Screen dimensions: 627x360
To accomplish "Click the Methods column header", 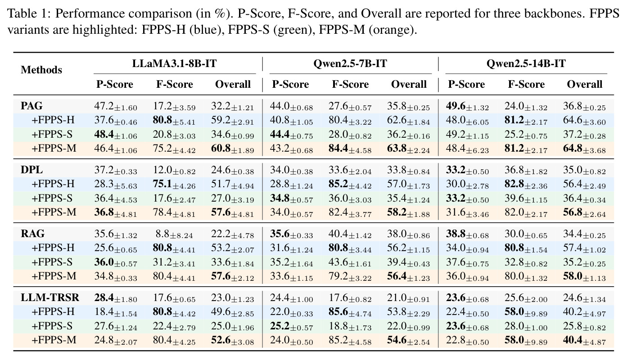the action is click(41, 70).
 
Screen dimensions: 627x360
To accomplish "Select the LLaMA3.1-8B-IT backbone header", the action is click(174, 63).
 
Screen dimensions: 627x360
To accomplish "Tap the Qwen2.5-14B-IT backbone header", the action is click(526, 63).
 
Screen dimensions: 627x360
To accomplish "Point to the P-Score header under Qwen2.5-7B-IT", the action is click(290, 84).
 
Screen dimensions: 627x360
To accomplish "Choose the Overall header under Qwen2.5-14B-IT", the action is click(584, 84).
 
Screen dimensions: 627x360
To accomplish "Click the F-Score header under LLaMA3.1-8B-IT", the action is click(174, 84).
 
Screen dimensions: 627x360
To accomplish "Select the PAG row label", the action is click(32, 106).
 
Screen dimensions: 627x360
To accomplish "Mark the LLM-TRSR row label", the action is click(50, 297).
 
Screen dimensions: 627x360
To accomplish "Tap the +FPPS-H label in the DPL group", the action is click(53, 184).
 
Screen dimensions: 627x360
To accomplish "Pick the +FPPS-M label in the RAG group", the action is click(54, 276).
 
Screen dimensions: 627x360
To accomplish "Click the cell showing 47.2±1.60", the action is click(116, 106).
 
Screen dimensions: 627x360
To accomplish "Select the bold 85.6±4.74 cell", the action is click(350, 312).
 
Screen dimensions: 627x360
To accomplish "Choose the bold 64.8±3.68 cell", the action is click(584, 148).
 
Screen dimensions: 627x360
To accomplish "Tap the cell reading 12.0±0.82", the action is click(174, 170).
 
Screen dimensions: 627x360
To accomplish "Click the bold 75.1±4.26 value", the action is click(174, 184).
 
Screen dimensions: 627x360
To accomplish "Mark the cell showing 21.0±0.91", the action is click(409, 298).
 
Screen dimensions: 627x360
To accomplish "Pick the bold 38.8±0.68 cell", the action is click(468, 234).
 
